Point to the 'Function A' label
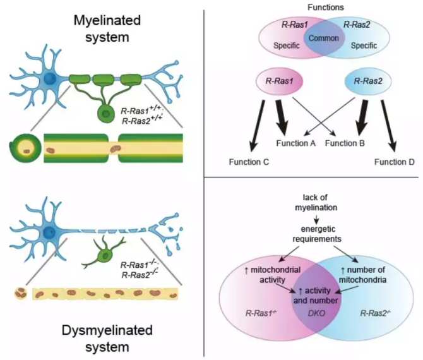[x=296, y=143]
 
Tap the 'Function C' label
[x=247, y=163]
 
